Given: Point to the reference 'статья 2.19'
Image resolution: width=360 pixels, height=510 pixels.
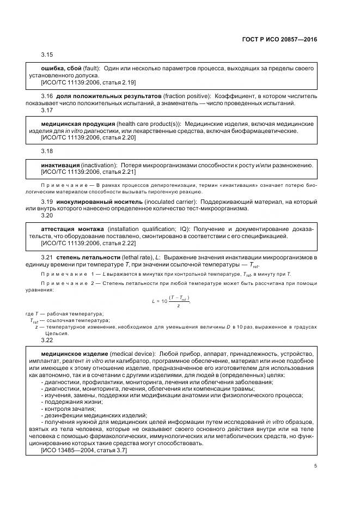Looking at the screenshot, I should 121,82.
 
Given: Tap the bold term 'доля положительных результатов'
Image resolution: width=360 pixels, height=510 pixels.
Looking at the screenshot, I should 104,96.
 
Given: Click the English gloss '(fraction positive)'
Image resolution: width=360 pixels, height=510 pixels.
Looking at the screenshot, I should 182,96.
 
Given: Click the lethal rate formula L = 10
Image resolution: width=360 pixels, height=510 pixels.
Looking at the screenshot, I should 174,301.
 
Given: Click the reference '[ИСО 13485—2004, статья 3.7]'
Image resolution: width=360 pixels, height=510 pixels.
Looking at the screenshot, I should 83,450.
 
